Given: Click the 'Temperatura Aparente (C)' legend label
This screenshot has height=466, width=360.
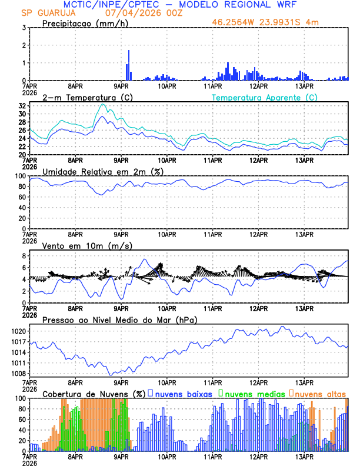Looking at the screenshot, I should click(264, 97).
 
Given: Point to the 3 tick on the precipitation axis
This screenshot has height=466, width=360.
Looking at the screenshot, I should click(24, 28).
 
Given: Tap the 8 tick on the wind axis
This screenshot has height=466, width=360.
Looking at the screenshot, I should click(24, 256).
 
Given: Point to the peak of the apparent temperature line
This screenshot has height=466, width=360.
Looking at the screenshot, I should click(104, 104).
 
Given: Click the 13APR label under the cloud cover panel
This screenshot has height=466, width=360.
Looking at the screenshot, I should click(304, 456).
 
